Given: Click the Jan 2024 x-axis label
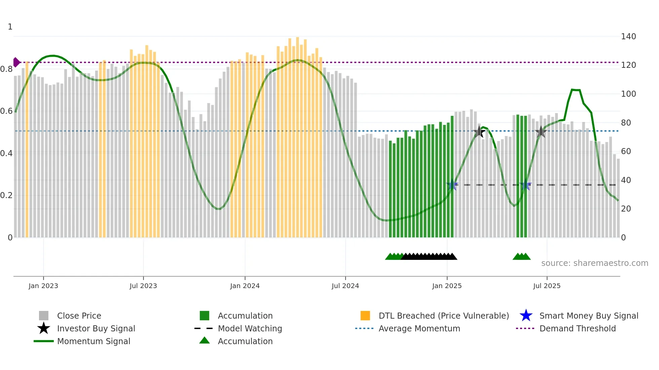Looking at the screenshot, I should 245,286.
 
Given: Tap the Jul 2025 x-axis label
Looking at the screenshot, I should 547,286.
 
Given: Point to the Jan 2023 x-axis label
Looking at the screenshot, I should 43,286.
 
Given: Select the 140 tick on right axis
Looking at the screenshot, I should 628,36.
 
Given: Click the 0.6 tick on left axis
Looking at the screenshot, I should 6,111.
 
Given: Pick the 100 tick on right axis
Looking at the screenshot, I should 628,94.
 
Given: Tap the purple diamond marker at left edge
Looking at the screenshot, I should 16,62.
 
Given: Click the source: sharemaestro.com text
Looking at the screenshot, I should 594,263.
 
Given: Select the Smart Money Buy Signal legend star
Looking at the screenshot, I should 526,316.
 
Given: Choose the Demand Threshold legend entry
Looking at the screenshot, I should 577,328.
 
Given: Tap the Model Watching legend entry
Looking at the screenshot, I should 250,328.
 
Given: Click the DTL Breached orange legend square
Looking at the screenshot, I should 365,316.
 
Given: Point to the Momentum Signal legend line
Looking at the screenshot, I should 44,341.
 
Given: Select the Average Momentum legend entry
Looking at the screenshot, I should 419,328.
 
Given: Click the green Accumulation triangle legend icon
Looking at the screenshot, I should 204,341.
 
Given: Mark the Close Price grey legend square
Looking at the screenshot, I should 44,316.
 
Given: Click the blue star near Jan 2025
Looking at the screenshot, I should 453,185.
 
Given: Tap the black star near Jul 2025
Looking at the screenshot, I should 541,132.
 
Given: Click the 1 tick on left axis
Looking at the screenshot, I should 10,27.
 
